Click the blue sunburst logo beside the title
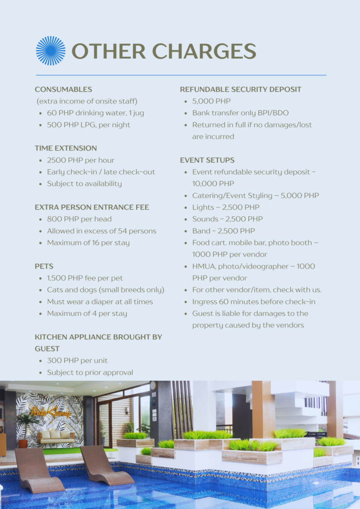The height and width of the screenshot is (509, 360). pyautogui.click(x=50, y=51)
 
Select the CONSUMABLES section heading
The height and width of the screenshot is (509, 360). pyautogui.click(x=63, y=89)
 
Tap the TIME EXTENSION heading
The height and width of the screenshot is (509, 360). pyautogui.click(x=66, y=148)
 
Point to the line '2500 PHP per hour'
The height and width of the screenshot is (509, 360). pyautogui.click(x=81, y=160)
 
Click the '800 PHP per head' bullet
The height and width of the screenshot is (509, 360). pyautogui.click(x=79, y=219)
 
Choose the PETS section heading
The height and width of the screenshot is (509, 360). pyautogui.click(x=44, y=266)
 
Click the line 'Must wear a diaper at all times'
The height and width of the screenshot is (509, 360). pyautogui.click(x=100, y=302)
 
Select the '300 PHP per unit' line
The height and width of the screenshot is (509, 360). pyautogui.click(x=77, y=360)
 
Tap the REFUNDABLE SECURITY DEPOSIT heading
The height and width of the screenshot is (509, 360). pyautogui.click(x=241, y=89)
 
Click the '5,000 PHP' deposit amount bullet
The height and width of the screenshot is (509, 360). pyautogui.click(x=211, y=101)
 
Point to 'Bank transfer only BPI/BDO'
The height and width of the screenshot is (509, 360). pyautogui.click(x=240, y=113)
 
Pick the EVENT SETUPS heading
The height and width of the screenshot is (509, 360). pyautogui.click(x=207, y=160)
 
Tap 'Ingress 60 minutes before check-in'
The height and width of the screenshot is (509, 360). pyautogui.click(x=254, y=302)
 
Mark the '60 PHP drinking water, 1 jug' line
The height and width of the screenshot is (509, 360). pyautogui.click(x=95, y=113)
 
